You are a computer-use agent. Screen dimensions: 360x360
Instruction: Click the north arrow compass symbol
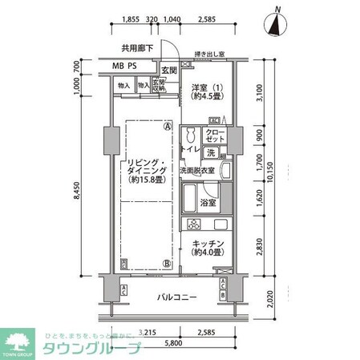[277, 23]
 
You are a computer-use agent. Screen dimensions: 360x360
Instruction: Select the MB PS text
[123, 67]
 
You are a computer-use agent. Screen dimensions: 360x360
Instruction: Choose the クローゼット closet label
[214, 136]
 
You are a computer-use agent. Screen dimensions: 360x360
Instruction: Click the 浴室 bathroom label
[208, 204]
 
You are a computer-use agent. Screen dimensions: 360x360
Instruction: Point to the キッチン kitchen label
[207, 248]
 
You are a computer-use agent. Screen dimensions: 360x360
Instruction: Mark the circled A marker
[167, 126]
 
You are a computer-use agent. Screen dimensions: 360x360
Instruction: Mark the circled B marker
[167, 262]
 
